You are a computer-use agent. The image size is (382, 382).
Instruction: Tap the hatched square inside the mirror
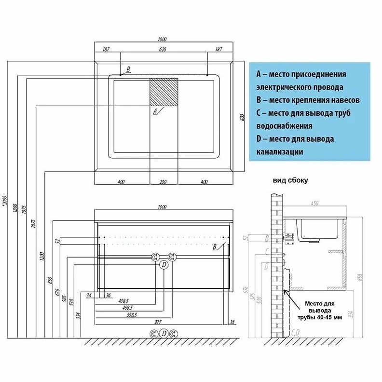(164, 92)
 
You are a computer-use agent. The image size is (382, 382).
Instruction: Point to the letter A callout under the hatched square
(155, 111)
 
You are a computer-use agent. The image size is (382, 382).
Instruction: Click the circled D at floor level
(164, 334)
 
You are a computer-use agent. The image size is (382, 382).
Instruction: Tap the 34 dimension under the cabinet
(89, 295)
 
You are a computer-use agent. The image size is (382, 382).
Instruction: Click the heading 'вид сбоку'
(290, 181)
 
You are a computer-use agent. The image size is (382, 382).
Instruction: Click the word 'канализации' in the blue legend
(280, 152)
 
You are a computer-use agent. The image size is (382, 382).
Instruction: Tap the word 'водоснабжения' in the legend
(284, 126)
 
